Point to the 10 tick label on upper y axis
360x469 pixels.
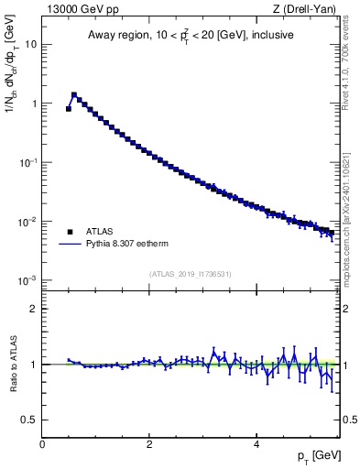[31, 44]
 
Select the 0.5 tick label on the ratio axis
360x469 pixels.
[30, 420]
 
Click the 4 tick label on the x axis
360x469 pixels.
[256, 443]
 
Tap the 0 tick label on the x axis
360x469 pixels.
[43, 443]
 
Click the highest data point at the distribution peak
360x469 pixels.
[74, 94]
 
